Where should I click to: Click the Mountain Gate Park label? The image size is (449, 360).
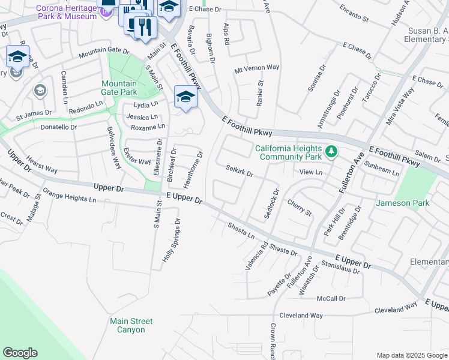(119, 88)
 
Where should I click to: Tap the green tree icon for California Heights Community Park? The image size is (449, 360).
(330, 150)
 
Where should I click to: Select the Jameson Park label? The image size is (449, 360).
(402, 203)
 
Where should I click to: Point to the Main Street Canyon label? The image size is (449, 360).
(131, 325)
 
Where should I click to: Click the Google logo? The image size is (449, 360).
(20, 353)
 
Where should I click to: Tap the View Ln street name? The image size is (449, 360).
(311, 172)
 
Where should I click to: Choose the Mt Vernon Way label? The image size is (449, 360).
(257, 68)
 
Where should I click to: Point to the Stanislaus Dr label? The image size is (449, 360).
(340, 267)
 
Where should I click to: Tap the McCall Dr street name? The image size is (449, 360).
(331, 298)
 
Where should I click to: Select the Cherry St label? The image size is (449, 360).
(299, 208)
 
